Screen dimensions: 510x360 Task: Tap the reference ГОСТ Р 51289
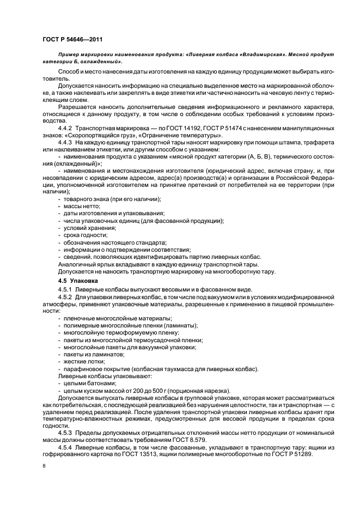click(x=291, y=454)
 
